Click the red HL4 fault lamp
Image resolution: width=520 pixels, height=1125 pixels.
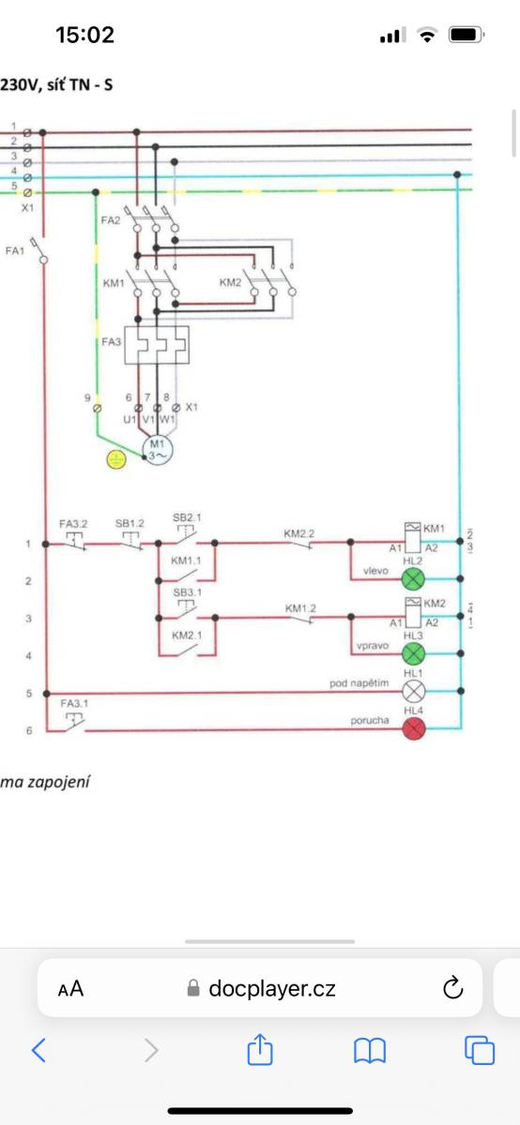414,728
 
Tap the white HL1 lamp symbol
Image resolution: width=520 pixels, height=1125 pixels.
413,692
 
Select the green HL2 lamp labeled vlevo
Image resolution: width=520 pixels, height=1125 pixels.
413,579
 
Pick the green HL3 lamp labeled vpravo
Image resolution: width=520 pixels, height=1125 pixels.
413,653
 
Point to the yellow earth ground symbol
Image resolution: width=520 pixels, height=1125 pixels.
116,459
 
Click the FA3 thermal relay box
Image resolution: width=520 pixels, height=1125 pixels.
157,345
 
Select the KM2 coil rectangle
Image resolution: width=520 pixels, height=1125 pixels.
413,612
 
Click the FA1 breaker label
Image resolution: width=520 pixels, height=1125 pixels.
15,250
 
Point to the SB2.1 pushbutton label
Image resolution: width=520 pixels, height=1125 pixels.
187,517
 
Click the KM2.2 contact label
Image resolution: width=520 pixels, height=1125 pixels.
299,533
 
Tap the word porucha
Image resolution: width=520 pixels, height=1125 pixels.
370,721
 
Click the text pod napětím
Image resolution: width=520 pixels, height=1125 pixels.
359,683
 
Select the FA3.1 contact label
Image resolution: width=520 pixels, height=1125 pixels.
74,703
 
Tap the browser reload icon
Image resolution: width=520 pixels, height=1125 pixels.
452,988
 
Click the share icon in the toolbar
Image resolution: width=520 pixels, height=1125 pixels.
260,1049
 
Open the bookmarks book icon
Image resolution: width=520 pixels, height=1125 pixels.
370,1051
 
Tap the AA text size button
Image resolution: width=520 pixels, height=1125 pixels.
70,989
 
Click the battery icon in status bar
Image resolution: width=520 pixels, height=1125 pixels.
466,35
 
